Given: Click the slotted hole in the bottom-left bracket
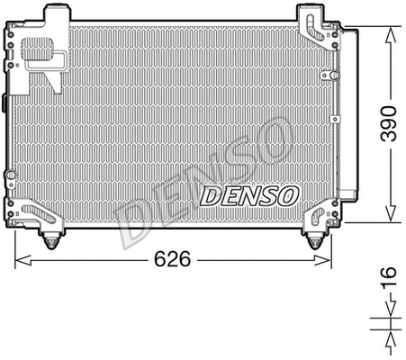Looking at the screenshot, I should (38, 212).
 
